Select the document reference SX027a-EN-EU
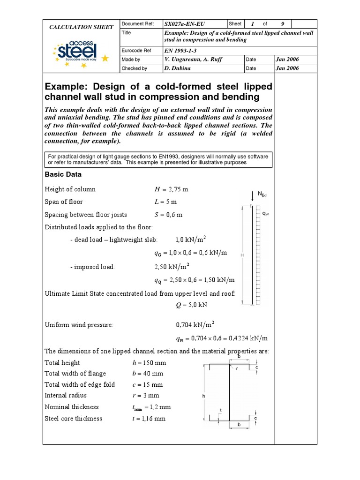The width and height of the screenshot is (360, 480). click(185, 24)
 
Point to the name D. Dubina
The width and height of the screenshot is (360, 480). click(179, 68)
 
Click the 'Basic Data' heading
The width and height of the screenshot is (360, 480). click(63, 174)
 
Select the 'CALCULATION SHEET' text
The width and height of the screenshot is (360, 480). click(82, 27)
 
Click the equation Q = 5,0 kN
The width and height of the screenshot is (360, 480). click(190, 304)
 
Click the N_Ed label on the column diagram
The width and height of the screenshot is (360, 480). click(262, 194)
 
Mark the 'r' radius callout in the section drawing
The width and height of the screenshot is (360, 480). click(237, 368)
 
